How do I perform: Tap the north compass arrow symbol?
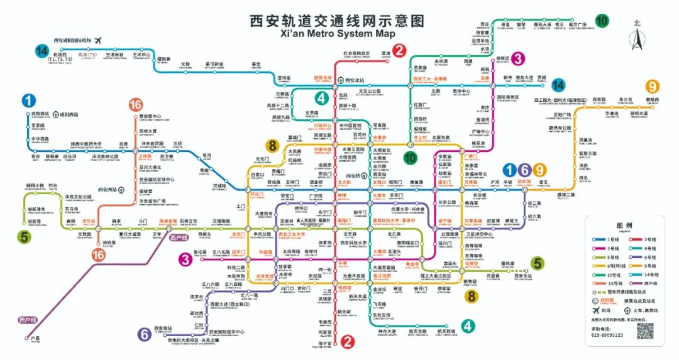click(x=637, y=39)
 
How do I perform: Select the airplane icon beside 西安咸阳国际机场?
click(x=98, y=40)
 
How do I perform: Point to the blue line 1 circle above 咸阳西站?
click(x=29, y=100)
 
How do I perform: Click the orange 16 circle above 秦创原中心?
click(x=136, y=104)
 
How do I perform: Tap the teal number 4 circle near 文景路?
click(x=321, y=98)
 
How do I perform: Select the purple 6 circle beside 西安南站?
click(x=145, y=334)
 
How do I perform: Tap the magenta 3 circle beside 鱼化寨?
click(x=184, y=258)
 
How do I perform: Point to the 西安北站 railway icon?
click(x=339, y=80)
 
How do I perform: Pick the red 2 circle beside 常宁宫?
click(x=346, y=341)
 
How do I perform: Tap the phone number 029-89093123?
click(x=607, y=335)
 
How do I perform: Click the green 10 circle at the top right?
click(x=602, y=21)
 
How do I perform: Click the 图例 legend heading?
click(x=624, y=225)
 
